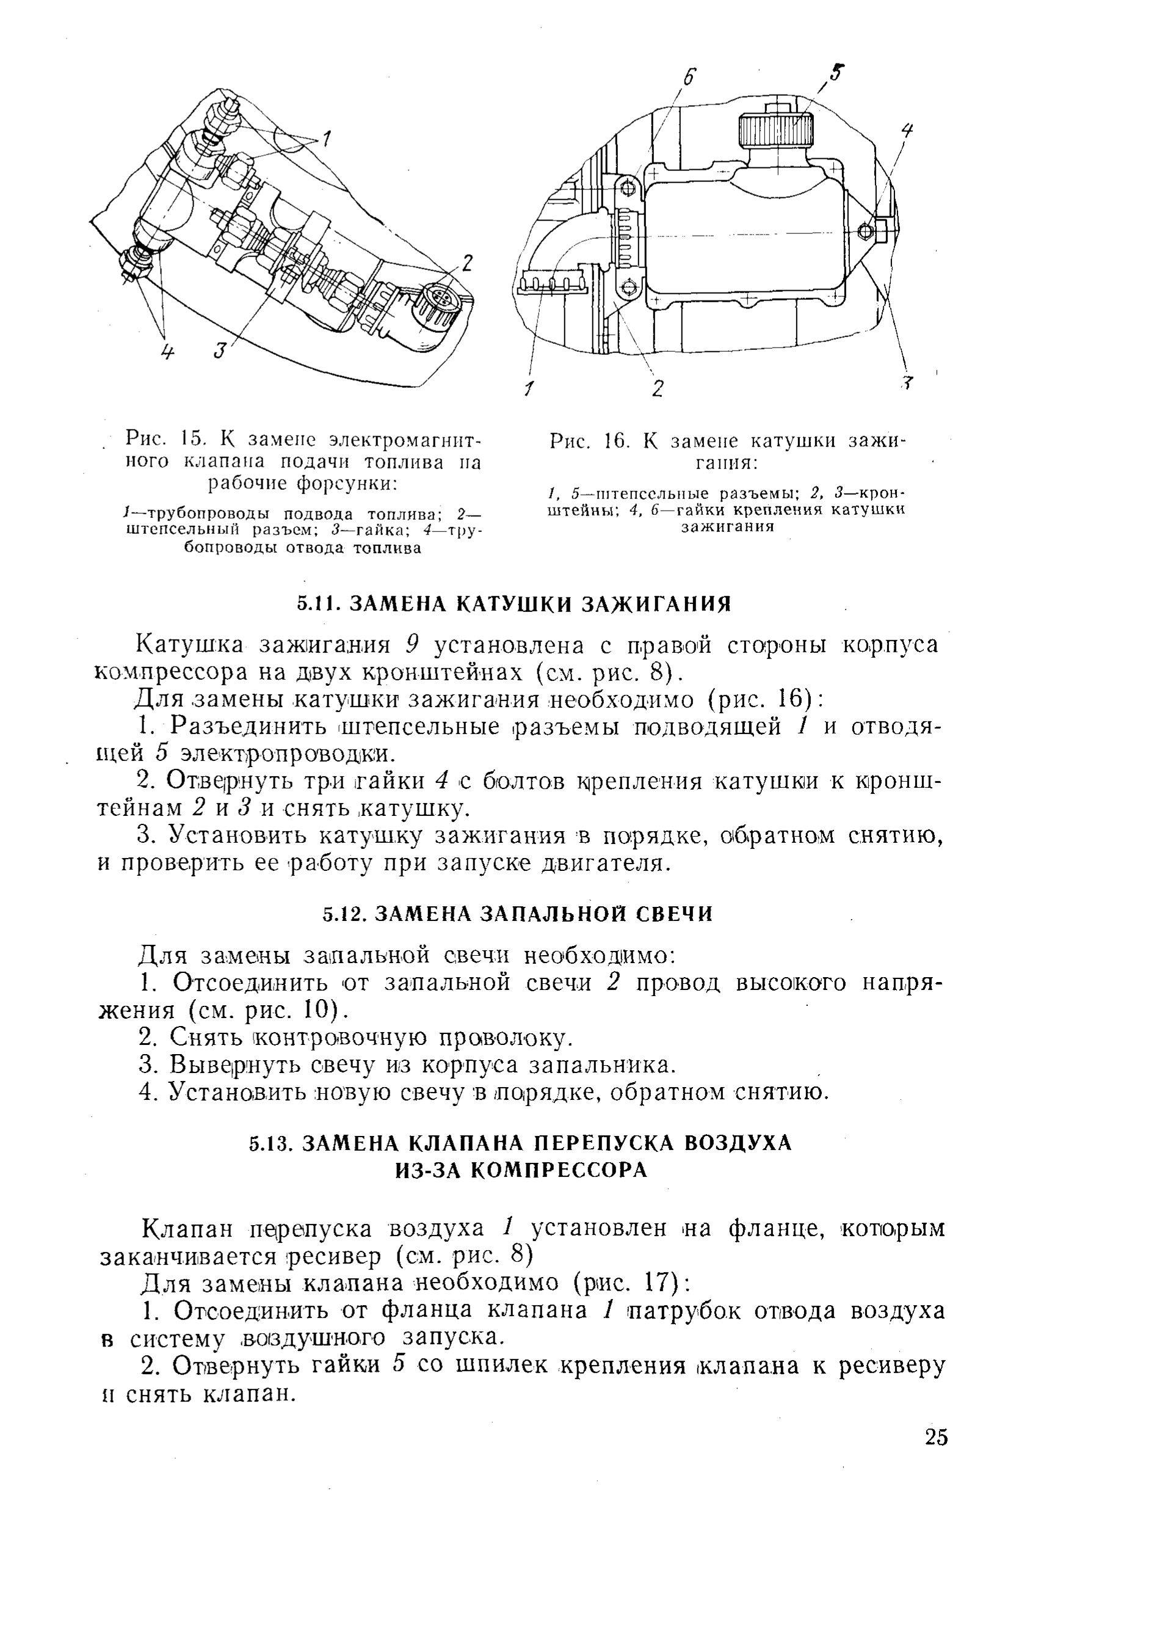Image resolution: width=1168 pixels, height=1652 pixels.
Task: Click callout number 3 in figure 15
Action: (x=220, y=351)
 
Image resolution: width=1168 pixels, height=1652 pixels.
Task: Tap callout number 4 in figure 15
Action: (x=167, y=352)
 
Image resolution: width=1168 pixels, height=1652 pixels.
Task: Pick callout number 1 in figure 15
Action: (x=326, y=137)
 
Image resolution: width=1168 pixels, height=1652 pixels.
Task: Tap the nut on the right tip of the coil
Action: (x=866, y=230)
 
